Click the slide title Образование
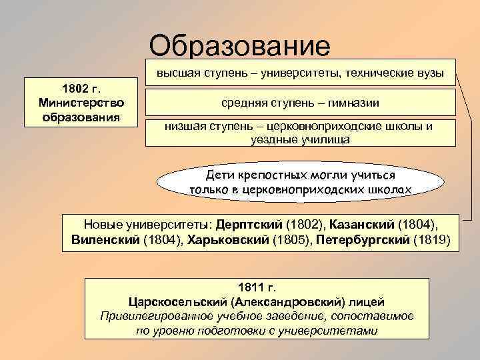point(239,46)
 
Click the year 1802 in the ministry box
point(73,89)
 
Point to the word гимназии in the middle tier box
point(348,103)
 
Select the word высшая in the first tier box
point(177,73)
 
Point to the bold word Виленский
point(106,239)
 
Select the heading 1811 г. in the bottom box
point(256,288)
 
